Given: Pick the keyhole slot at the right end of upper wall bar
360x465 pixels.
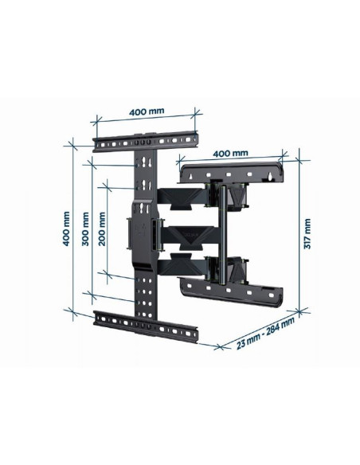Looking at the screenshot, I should click(274, 170).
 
